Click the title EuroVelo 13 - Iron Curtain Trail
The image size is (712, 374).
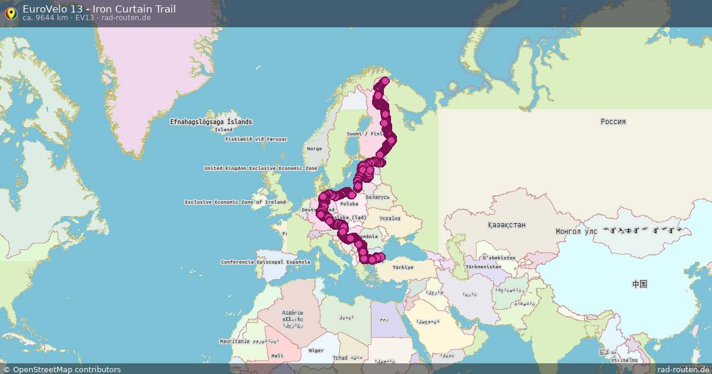pyautogui.click(x=98, y=9)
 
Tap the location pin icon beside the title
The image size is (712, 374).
pyautogui.click(x=10, y=12)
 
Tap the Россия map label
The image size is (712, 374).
pyautogui.click(x=613, y=122)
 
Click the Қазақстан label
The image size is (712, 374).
pyautogui.click(x=506, y=226)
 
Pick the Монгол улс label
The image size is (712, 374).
pyautogui.click(x=576, y=231)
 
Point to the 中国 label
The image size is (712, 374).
pyautogui.click(x=639, y=284)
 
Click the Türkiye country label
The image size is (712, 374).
pyautogui.click(x=402, y=267)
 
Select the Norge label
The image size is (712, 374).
pyautogui.click(x=314, y=149)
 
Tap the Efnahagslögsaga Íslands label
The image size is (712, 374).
pyautogui.click(x=211, y=122)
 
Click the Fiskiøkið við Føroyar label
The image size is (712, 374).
pyautogui.click(x=256, y=140)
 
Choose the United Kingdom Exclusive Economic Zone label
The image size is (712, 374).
pyautogui.click(x=260, y=169)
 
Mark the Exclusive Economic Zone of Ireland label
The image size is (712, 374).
pyautogui.click(x=235, y=202)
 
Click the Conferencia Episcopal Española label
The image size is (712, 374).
pyautogui.click(x=265, y=262)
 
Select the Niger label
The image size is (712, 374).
pyautogui.click(x=316, y=351)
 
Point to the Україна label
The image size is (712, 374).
pyautogui.click(x=390, y=218)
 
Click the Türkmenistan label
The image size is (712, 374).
pyautogui.click(x=484, y=267)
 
